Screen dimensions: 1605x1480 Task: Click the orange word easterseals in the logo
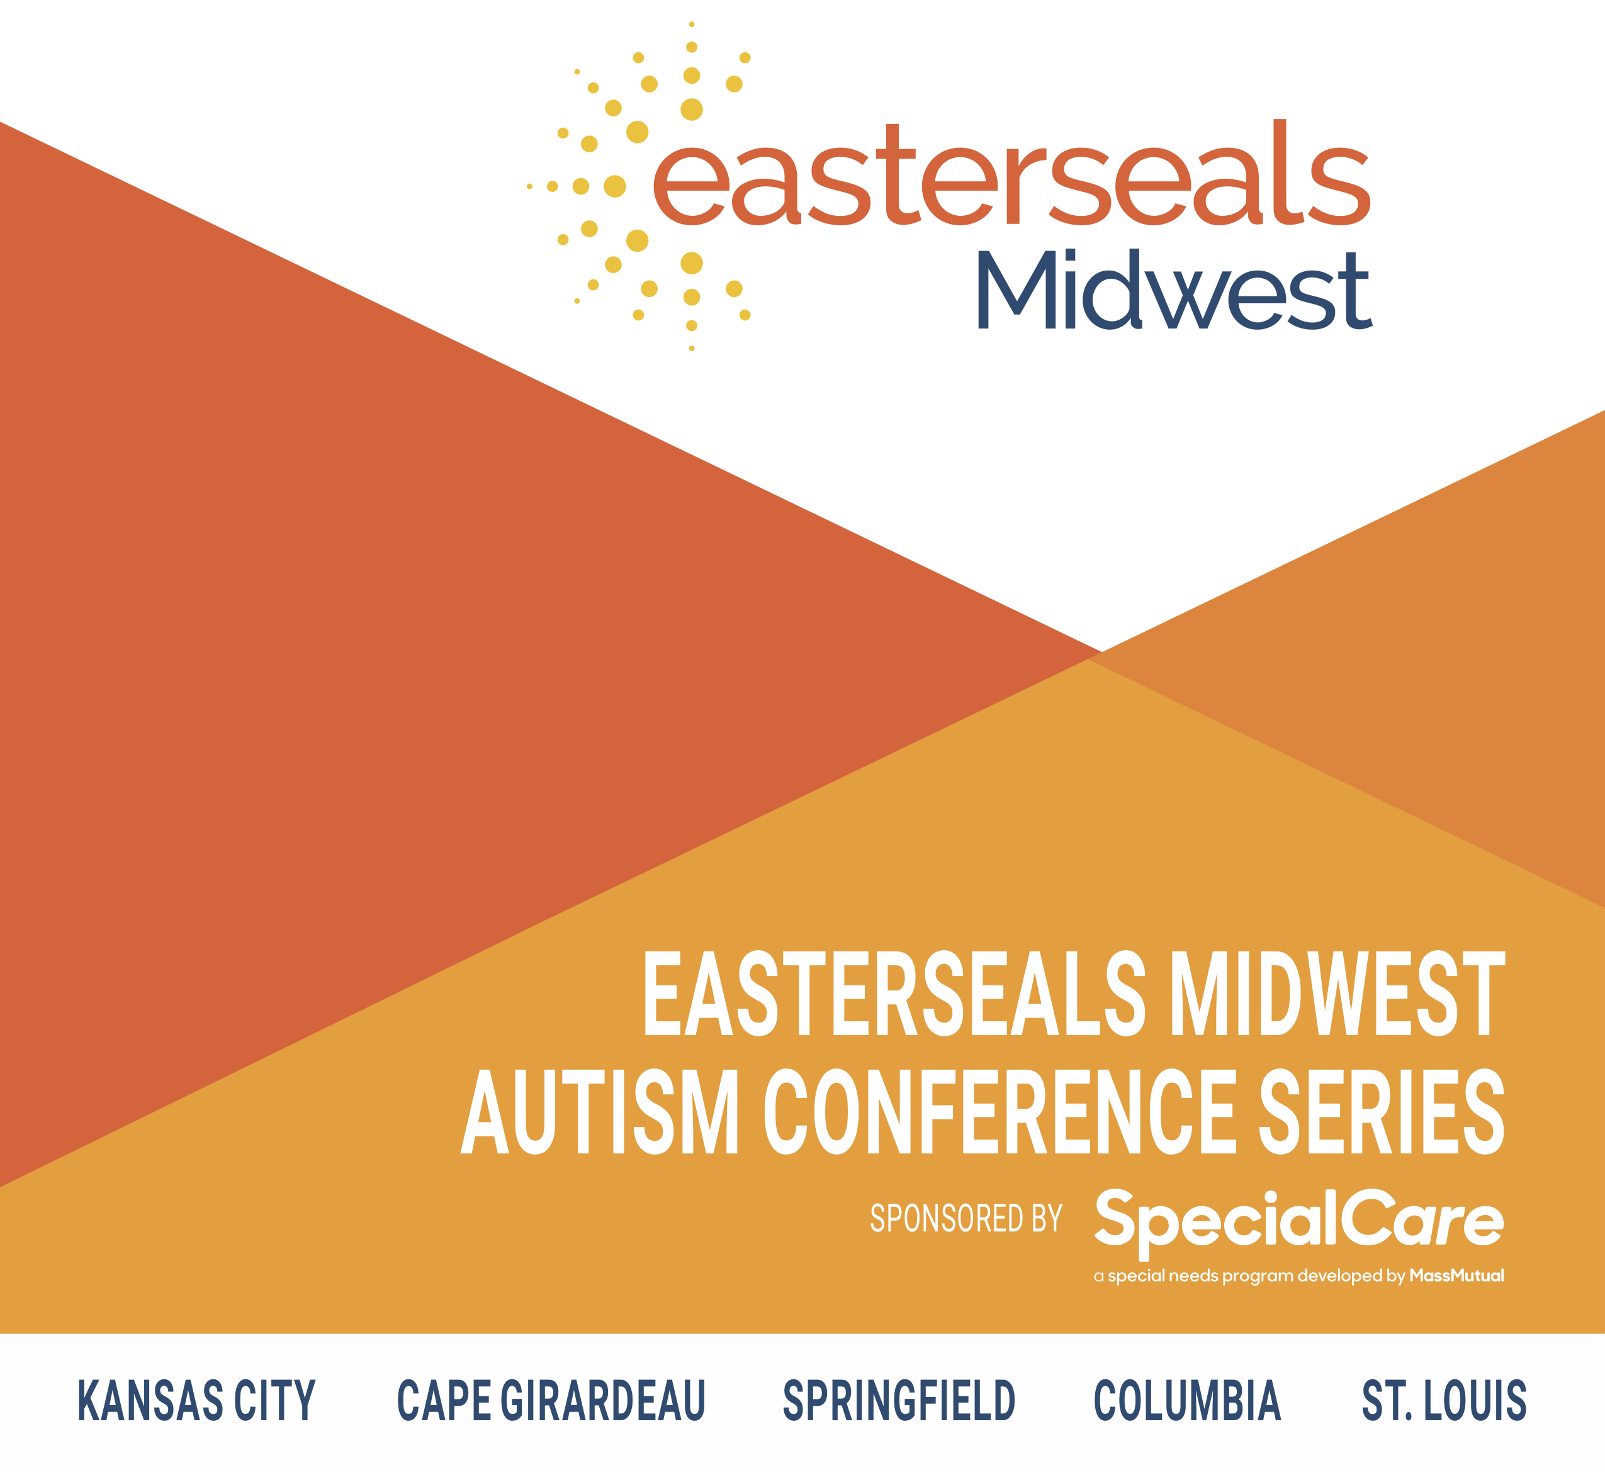[1012, 173]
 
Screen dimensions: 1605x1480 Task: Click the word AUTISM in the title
[600, 1113]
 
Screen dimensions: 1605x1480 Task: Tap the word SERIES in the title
[1382, 1113]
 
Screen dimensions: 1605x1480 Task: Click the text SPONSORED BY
[966, 1218]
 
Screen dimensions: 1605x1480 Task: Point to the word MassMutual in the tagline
[1457, 1275]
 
